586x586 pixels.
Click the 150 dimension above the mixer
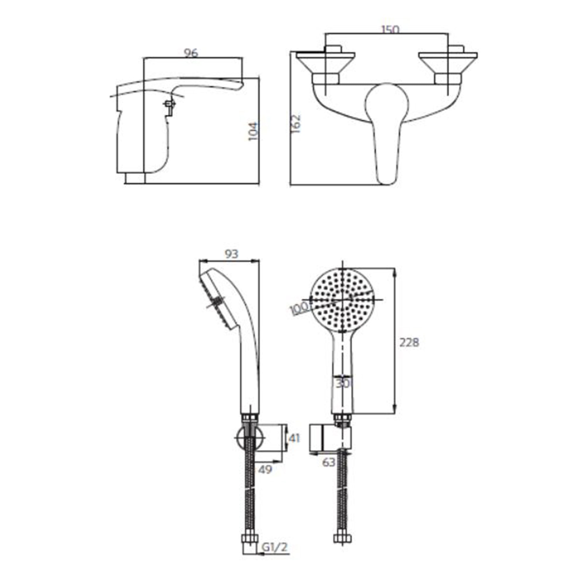[390, 29]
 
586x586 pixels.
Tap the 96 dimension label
[191, 53]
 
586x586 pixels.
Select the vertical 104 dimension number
[253, 131]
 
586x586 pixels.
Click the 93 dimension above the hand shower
[231, 254]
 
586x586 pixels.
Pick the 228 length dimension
[409, 343]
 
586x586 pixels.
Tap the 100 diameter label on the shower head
[299, 309]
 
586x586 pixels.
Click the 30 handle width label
[343, 384]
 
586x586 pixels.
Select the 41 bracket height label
[294, 438]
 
